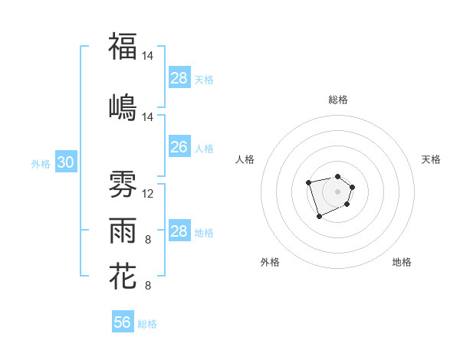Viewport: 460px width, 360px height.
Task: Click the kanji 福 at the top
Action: pyautogui.click(x=123, y=47)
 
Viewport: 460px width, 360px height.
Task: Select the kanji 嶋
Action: pyautogui.click(x=123, y=106)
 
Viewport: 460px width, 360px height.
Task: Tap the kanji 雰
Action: pyautogui.click(x=123, y=183)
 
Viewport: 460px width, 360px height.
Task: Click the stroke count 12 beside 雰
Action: pyautogui.click(x=149, y=194)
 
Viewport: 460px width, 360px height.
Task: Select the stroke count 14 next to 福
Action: pyautogui.click(x=149, y=57)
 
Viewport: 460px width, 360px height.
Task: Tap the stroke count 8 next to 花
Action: pyautogui.click(x=148, y=286)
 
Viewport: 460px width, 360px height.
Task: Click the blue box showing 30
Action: pyautogui.click(x=65, y=163)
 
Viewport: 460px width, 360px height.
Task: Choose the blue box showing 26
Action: pyautogui.click(x=179, y=147)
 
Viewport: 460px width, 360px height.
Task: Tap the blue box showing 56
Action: pyautogui.click(x=123, y=322)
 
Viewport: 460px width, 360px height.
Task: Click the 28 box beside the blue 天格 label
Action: pyautogui.click(x=179, y=78)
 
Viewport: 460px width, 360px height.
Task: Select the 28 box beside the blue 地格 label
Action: pyautogui.click(x=179, y=231)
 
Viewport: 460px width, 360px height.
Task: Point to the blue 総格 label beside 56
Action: pyautogui.click(x=147, y=324)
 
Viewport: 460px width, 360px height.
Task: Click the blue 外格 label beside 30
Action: pyautogui.click(x=41, y=164)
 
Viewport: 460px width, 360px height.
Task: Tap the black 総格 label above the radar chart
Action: pyautogui.click(x=338, y=100)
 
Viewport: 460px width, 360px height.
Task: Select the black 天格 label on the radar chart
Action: pyautogui.click(x=431, y=159)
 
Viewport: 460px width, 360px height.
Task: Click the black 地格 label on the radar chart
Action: pyautogui.click(x=402, y=262)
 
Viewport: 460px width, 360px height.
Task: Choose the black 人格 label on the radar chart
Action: pyautogui.click(x=245, y=159)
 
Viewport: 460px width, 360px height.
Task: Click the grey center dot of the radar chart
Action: pyautogui.click(x=338, y=191)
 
